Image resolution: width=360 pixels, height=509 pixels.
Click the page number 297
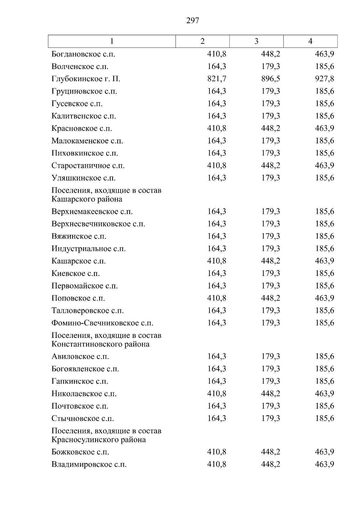[193, 21]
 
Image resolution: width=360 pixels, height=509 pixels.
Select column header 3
[256, 41]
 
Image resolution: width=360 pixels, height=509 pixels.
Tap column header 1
[112, 41]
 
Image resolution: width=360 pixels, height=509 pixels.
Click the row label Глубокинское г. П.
[86, 79]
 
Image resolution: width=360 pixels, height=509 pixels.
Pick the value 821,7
[217, 79]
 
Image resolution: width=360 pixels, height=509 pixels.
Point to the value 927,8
[324, 79]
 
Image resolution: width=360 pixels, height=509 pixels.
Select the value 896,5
[270, 79]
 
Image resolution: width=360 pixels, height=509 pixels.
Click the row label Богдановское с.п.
[83, 54]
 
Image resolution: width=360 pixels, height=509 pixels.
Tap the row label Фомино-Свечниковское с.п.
[102, 323]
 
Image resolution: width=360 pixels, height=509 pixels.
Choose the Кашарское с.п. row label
[79, 261]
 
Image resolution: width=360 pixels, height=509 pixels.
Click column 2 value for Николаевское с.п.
[217, 394]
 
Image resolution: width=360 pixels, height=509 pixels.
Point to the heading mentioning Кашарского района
[106, 195]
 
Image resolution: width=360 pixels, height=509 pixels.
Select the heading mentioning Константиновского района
[106, 340]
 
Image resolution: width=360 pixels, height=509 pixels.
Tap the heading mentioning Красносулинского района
[106, 435]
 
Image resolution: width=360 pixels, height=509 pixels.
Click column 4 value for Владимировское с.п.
[324, 465]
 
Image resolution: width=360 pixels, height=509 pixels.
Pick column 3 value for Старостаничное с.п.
[270, 166]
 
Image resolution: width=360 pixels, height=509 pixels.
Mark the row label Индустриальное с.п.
[88, 249]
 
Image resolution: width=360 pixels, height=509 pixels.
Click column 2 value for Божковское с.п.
[217, 452]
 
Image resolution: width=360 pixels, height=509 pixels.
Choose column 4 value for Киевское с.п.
[324, 273]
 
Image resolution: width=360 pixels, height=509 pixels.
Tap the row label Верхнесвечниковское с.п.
[98, 224]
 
